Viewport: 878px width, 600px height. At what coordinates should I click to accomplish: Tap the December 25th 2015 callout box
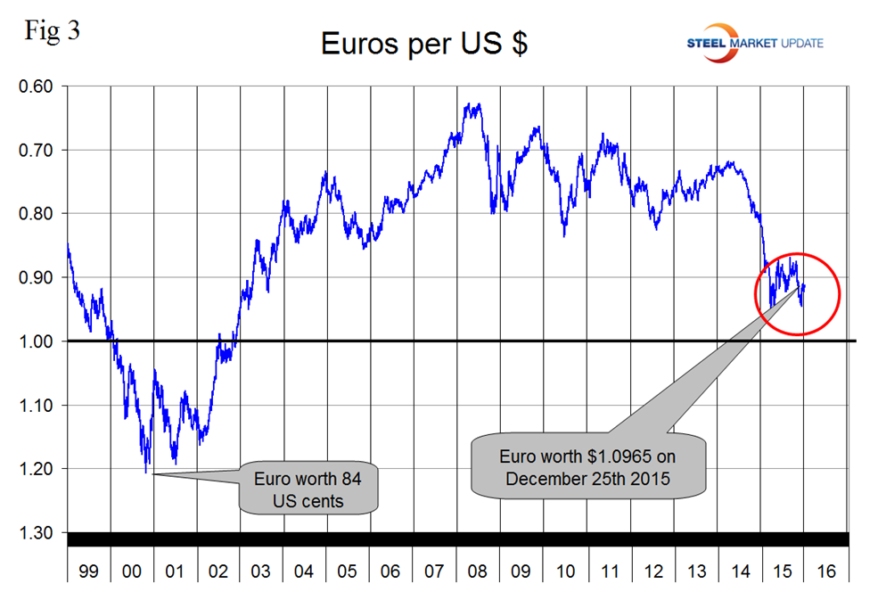coord(587,466)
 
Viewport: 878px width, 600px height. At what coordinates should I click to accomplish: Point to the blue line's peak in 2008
coord(471,105)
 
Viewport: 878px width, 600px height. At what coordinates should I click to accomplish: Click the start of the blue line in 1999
coord(68,242)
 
